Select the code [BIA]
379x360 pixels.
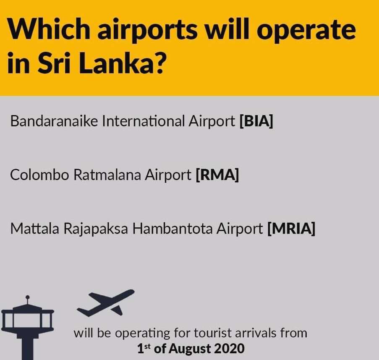[256, 121]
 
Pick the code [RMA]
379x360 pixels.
[217, 175]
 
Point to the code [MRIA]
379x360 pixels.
[291, 229]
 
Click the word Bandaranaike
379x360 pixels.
[54, 121]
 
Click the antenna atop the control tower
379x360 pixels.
[28, 300]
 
